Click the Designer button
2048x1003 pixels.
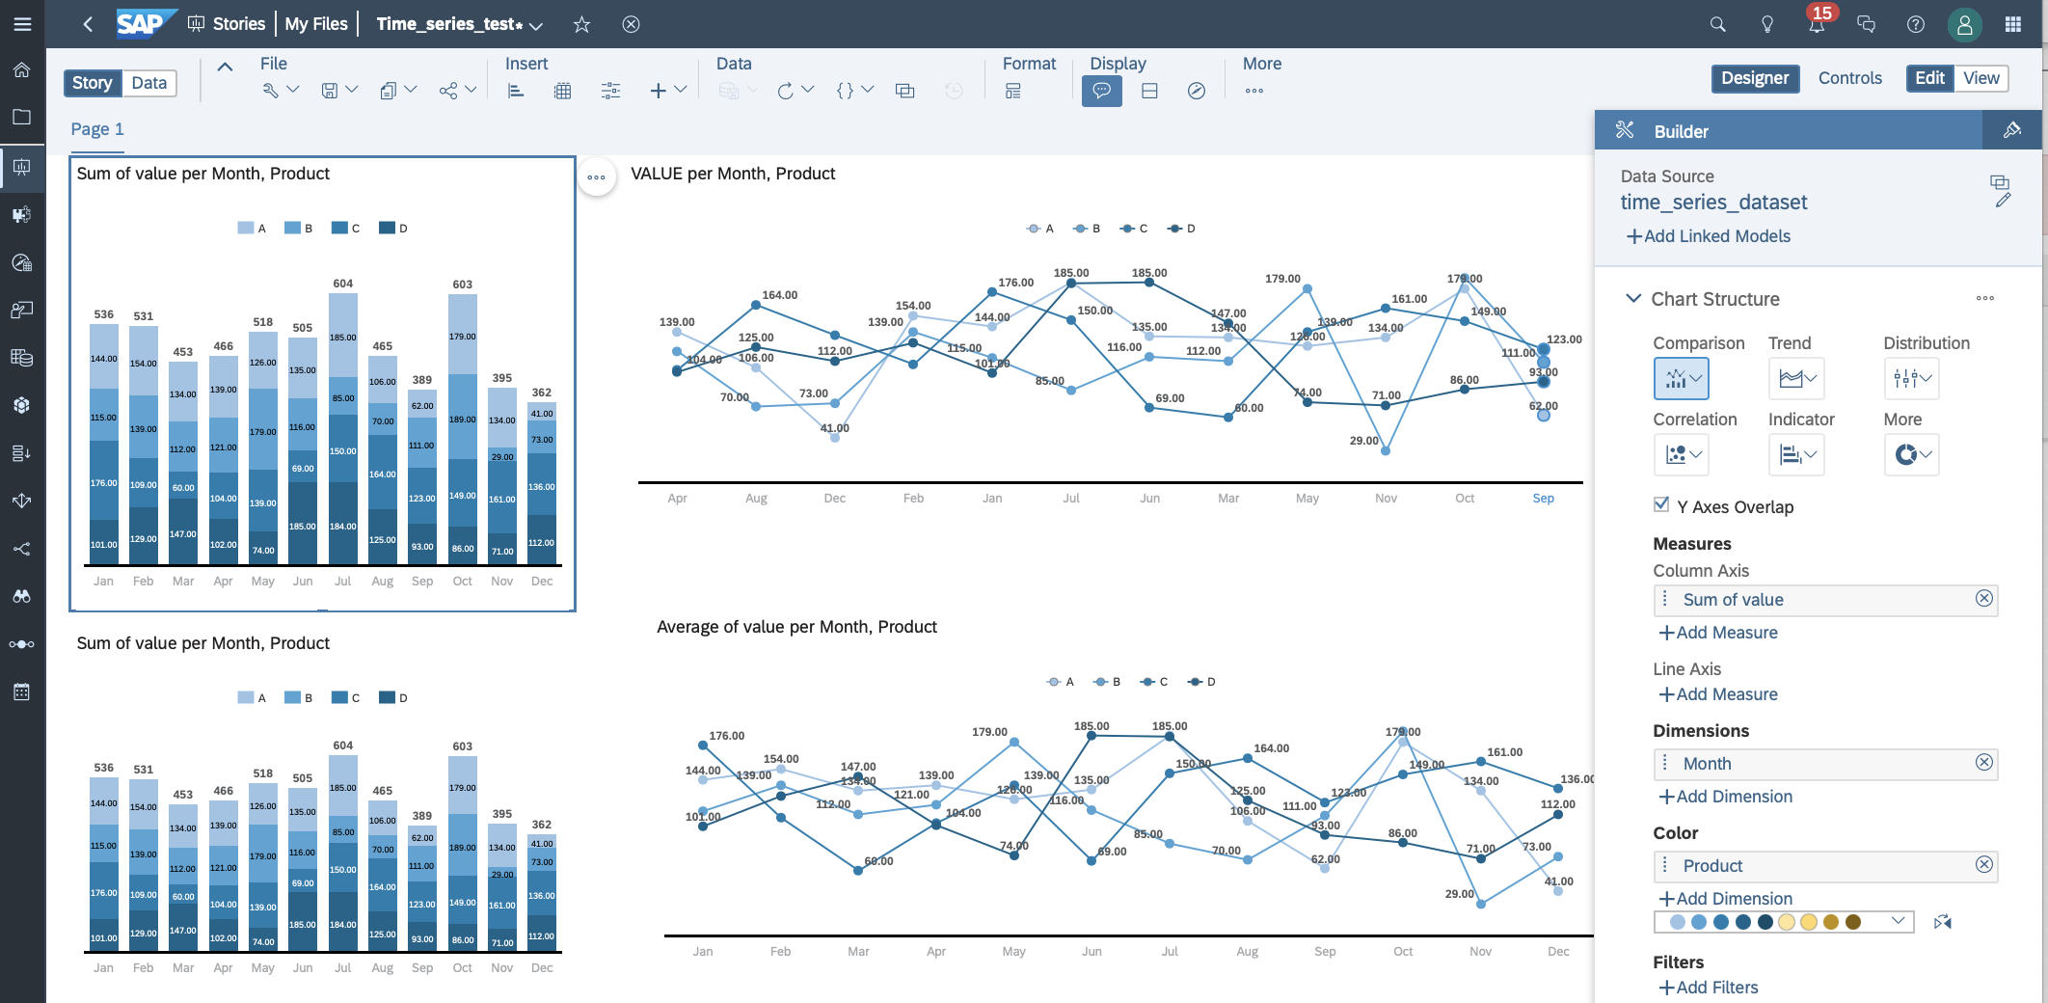[x=1754, y=78]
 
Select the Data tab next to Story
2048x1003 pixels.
[x=148, y=83]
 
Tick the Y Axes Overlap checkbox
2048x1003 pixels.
[x=1661, y=504]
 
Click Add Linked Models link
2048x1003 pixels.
[x=1708, y=236]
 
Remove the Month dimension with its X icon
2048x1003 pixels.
[x=1984, y=763]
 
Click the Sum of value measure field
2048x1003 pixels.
[x=1733, y=600]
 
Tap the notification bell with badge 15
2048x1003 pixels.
[x=1816, y=24]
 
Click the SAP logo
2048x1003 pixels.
[x=141, y=24]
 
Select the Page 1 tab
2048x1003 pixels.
[x=97, y=129]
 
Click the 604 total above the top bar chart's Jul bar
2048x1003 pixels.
[x=343, y=284]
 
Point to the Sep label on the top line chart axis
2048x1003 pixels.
[x=1543, y=499]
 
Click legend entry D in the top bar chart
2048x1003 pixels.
[x=393, y=229]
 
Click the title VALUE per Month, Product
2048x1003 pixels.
[x=733, y=174]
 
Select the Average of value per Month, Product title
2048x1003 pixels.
[x=796, y=627]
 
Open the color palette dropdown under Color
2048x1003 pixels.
[x=1898, y=921]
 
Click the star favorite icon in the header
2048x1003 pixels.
[x=581, y=24]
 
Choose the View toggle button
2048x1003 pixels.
[x=1981, y=78]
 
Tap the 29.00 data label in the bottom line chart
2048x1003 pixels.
[x=1459, y=894]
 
